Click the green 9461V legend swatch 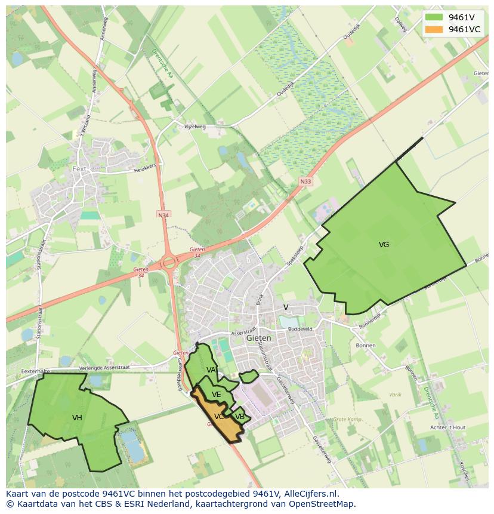pos(434,17)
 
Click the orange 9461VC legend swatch pos(434,29)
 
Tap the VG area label pos(384,245)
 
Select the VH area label pos(77,418)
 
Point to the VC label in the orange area pos(219,417)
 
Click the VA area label pos(211,370)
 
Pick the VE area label pos(216,395)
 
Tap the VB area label pos(239,417)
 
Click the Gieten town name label pos(258,338)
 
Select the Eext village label pos(79,169)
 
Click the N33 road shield pos(305,181)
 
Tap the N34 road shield pos(163,214)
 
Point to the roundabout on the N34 pos(169,261)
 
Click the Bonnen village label pos(365,346)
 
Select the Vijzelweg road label pos(194,127)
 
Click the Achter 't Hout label pos(447,427)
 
